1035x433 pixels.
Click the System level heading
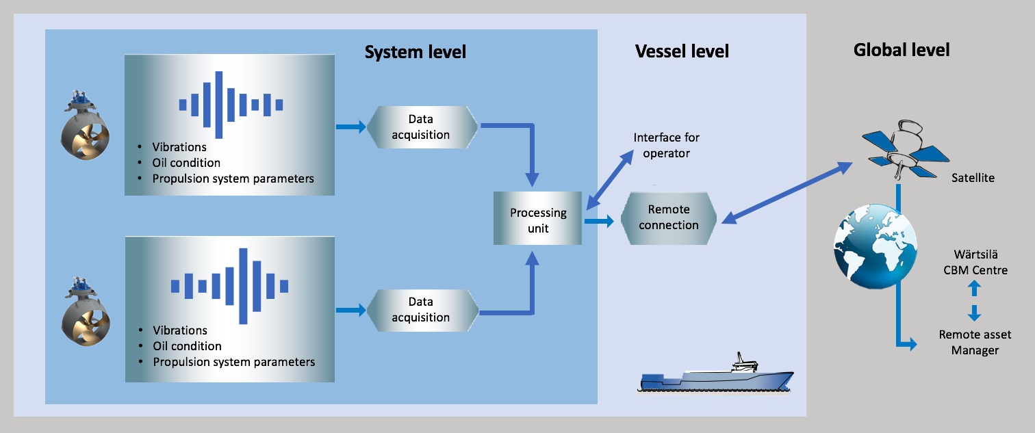415,52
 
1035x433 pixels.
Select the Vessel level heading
682,51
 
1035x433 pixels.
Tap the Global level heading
902,50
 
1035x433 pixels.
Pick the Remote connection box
668,218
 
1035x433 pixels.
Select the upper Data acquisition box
420,127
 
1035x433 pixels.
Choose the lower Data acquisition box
420,309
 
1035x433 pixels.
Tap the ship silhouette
716,376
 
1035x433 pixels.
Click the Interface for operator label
666,146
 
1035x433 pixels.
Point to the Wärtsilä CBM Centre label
975,263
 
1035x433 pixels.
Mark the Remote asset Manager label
975,343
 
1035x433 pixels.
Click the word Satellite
973,178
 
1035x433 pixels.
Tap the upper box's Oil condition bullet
186,163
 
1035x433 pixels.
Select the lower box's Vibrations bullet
180,330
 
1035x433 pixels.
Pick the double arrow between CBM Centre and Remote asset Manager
975,302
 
